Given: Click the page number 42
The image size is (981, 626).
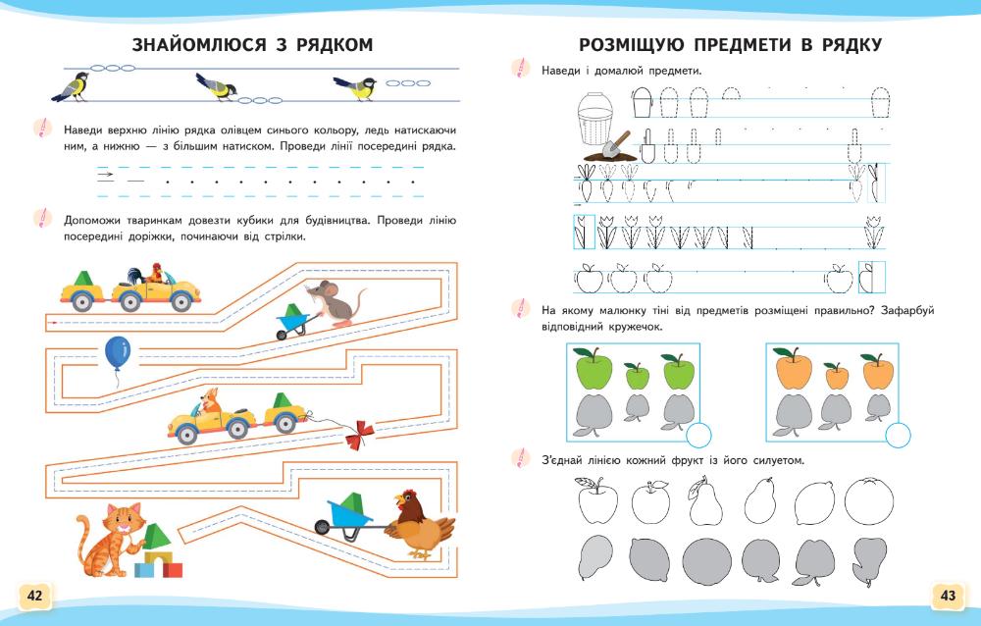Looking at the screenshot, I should tap(34, 596).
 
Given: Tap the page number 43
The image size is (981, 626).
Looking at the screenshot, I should tap(947, 596).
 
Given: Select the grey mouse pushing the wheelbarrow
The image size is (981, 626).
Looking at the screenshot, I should tap(332, 300).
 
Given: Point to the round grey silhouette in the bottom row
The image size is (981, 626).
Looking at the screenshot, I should tap(704, 561).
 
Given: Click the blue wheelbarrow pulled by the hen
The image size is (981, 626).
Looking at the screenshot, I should tap(349, 513).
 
